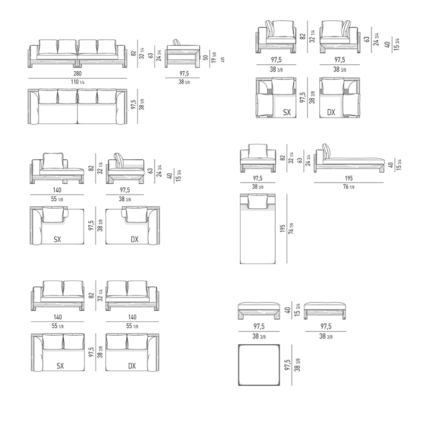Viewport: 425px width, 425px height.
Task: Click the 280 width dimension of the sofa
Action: point(78,73)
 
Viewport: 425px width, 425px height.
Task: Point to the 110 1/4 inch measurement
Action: point(78,82)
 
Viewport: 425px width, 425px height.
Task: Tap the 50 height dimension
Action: point(206,57)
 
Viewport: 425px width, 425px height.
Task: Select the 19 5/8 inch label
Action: point(214,57)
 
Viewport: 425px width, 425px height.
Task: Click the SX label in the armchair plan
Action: point(287,112)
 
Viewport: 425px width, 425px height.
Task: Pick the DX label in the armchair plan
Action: point(331,112)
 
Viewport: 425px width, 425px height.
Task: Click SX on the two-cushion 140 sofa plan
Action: point(60,366)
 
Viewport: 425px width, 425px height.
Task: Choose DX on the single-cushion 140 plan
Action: point(134,239)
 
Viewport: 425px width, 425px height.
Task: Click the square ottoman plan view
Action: point(259,365)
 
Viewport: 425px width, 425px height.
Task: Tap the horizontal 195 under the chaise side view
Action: point(348,178)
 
